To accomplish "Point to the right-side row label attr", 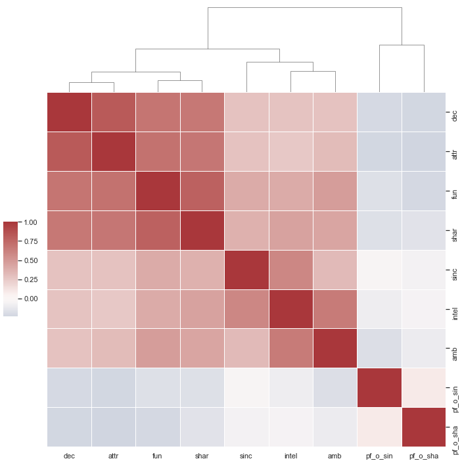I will tap(455, 151).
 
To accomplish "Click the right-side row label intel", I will tap(455, 309).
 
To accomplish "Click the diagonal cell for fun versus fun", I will tap(158, 191).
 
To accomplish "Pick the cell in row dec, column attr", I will tap(114, 112).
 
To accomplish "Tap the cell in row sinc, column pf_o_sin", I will tap(379, 270).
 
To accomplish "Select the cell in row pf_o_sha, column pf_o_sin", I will tap(379, 427).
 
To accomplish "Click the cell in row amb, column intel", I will tap(290, 349).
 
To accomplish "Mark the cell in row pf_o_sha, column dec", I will tap(69, 427).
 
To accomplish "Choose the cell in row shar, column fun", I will tap(158, 230).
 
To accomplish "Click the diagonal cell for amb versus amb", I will tap(335, 349).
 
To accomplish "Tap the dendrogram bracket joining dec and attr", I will tap(91, 82).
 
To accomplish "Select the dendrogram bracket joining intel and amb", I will tap(313, 72).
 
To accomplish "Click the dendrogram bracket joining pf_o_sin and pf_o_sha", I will tap(402, 45).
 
